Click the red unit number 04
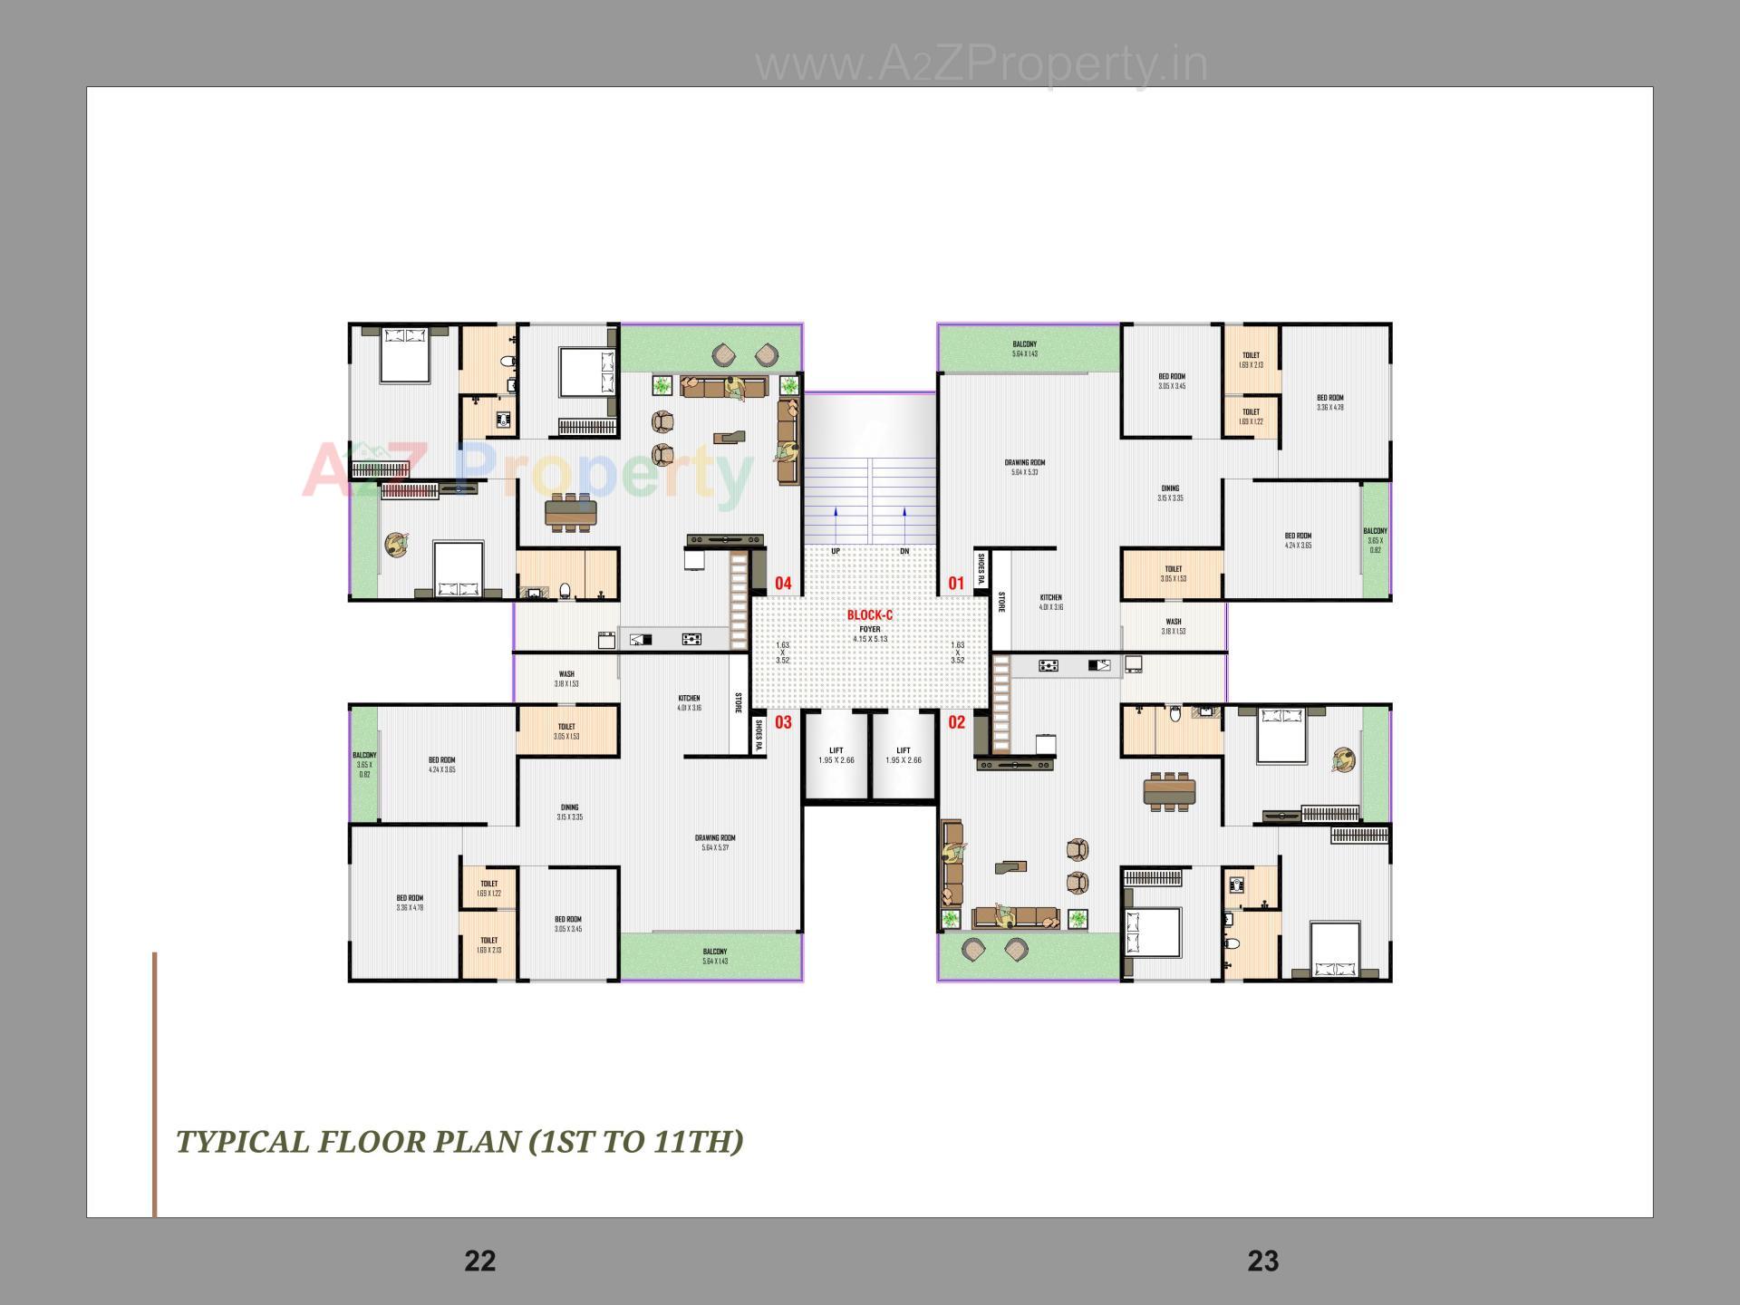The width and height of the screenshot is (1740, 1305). pyautogui.click(x=783, y=584)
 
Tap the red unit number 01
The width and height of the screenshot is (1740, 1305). pyautogui.click(x=956, y=584)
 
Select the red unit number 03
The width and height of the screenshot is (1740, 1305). pyautogui.click(x=783, y=722)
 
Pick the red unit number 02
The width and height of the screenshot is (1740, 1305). pyautogui.click(x=956, y=722)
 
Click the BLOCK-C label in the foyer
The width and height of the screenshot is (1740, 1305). pyautogui.click(x=869, y=615)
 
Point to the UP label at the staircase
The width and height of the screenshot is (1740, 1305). pyautogui.click(x=836, y=551)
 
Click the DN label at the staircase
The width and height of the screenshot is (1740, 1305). pyautogui.click(x=904, y=551)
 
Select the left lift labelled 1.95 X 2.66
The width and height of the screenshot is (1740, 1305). pyautogui.click(x=836, y=755)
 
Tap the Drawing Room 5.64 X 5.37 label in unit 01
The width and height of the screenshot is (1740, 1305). pyautogui.click(x=1024, y=467)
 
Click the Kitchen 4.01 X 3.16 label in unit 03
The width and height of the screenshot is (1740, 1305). pyautogui.click(x=689, y=702)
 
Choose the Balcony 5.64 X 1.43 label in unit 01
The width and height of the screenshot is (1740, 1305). pyautogui.click(x=1024, y=349)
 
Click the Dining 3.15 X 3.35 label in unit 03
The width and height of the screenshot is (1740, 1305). pyautogui.click(x=569, y=812)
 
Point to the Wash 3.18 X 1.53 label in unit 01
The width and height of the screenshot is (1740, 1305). pyautogui.click(x=1173, y=626)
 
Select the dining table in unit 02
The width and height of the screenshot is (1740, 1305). pyautogui.click(x=1169, y=792)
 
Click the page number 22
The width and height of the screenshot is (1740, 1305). pyautogui.click(x=479, y=1261)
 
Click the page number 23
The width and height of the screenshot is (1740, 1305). pyautogui.click(x=1262, y=1261)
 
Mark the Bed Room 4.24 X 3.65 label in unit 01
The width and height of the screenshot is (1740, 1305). pyautogui.click(x=1297, y=540)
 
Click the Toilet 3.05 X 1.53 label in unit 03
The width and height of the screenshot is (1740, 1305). pyautogui.click(x=566, y=731)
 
